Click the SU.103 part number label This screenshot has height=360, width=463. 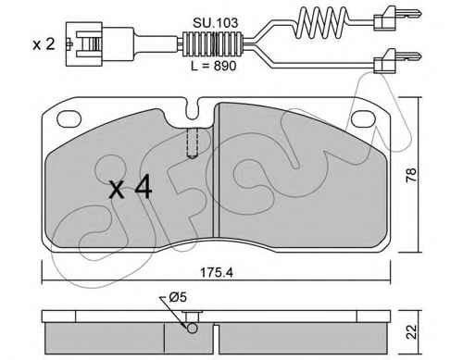coord(215,23)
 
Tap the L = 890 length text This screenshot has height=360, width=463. coord(214,66)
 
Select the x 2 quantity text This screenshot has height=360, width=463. coord(44,44)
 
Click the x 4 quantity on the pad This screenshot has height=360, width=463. coord(131,187)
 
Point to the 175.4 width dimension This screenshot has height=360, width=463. coord(217,273)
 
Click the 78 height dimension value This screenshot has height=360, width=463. coord(411,175)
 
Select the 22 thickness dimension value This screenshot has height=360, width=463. coord(411,331)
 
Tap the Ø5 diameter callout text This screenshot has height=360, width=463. coord(178,297)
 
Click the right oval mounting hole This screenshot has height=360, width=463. coord(363,118)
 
